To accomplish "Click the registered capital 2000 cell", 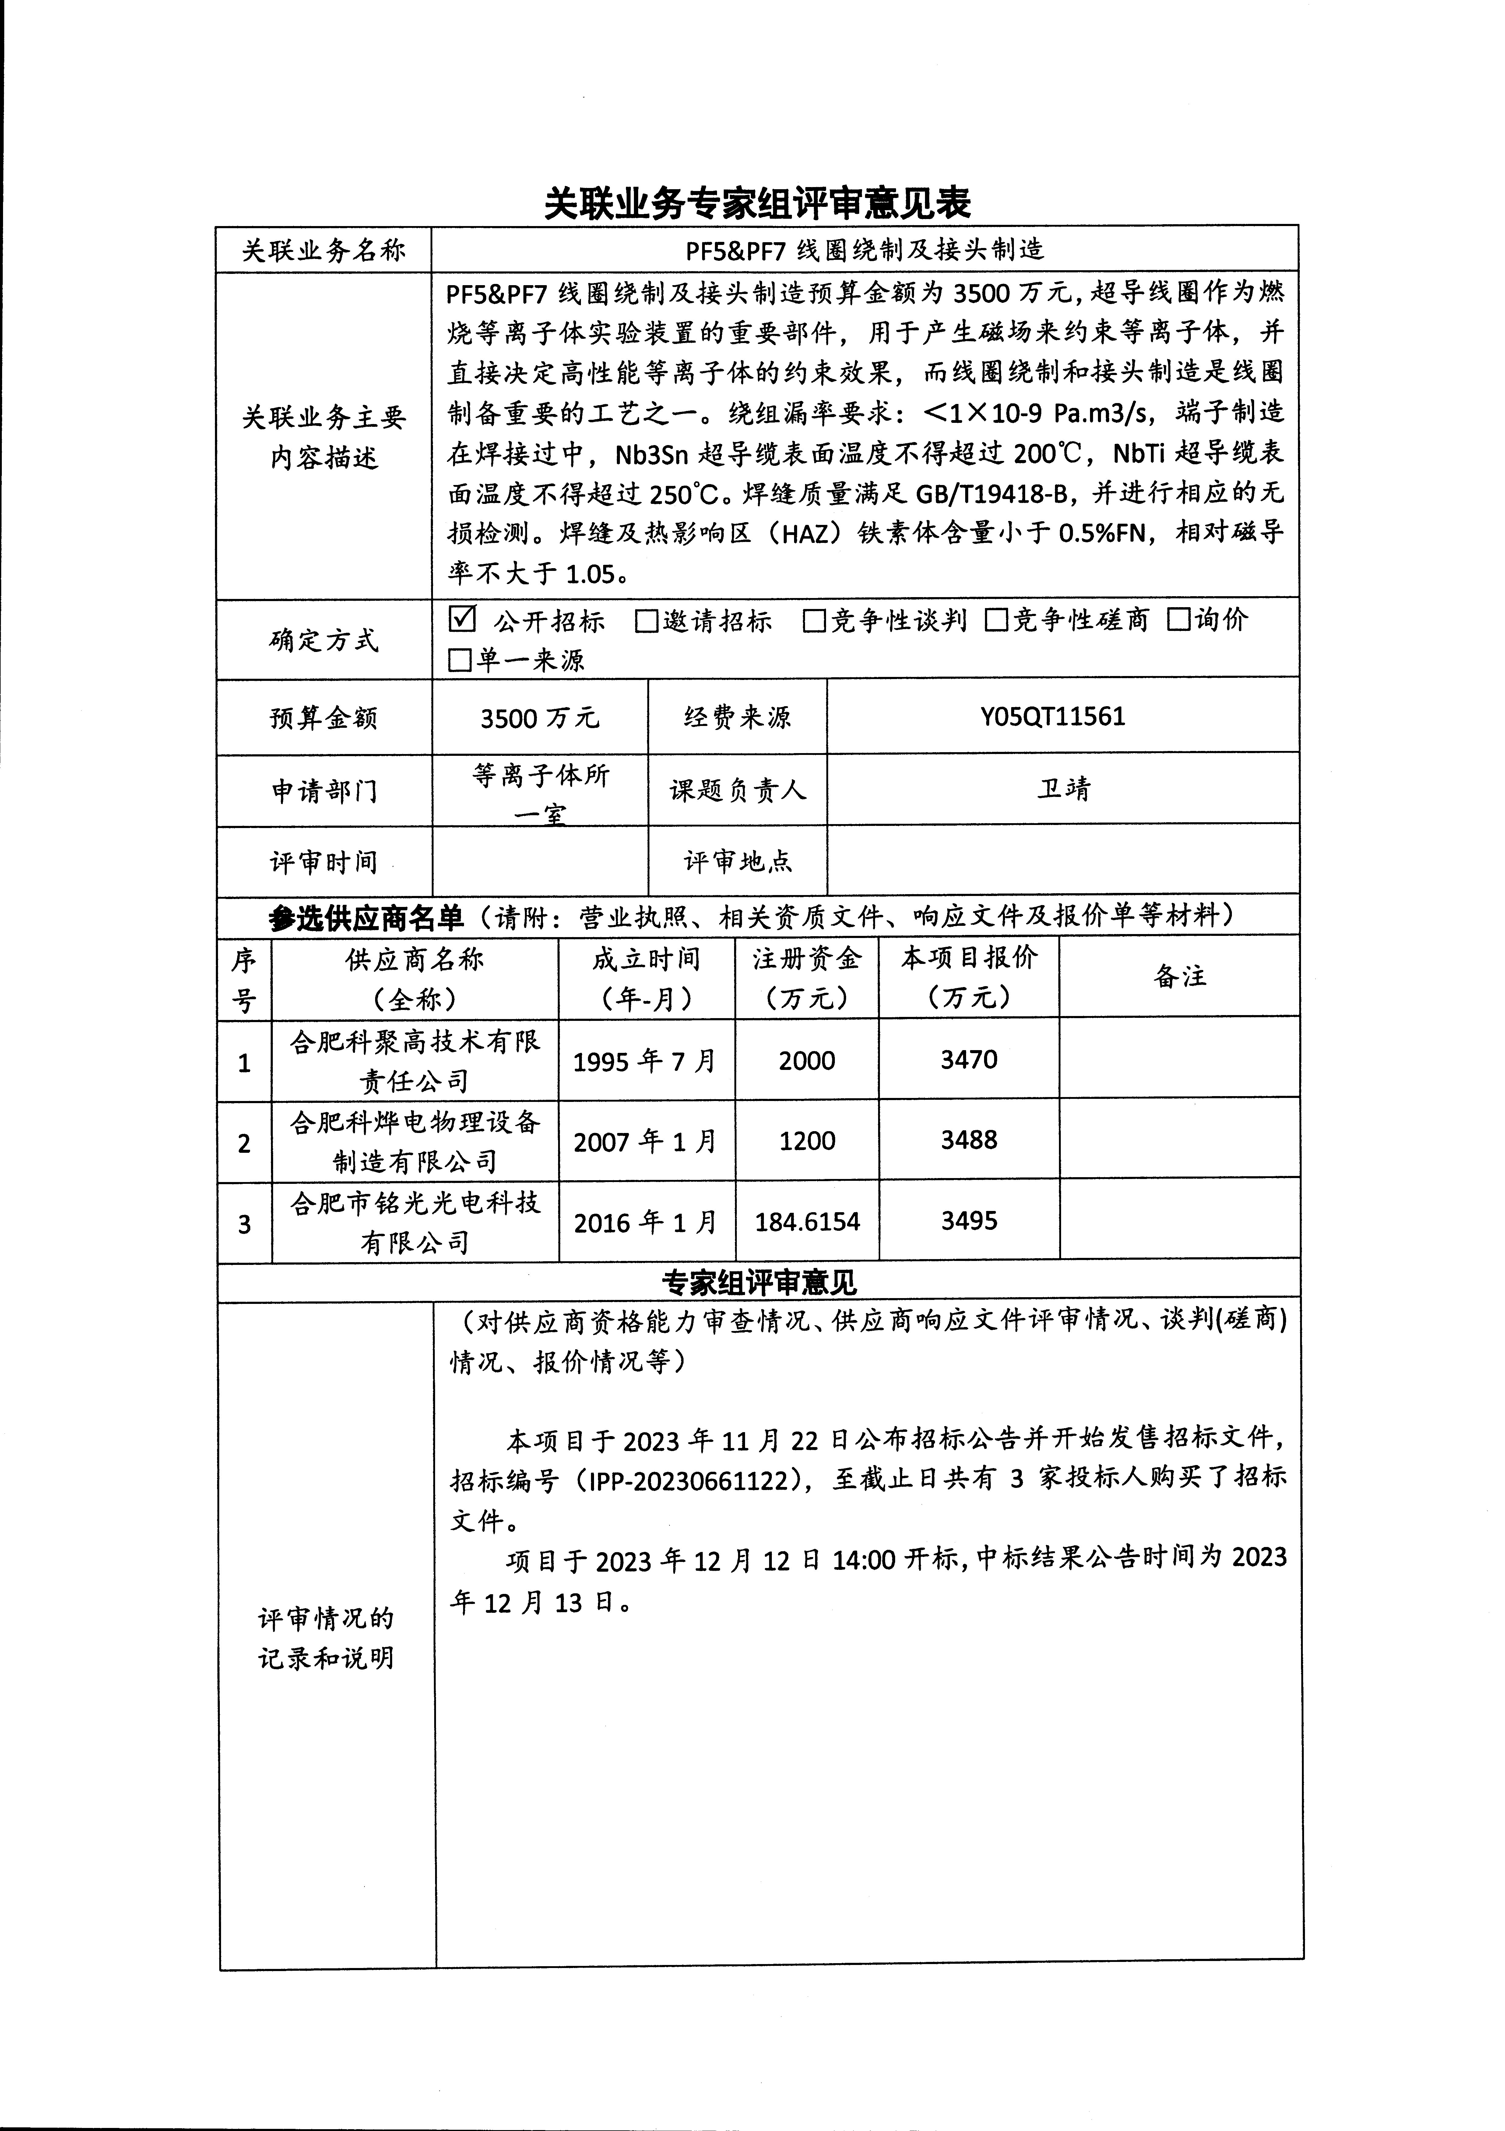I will coord(807,1061).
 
